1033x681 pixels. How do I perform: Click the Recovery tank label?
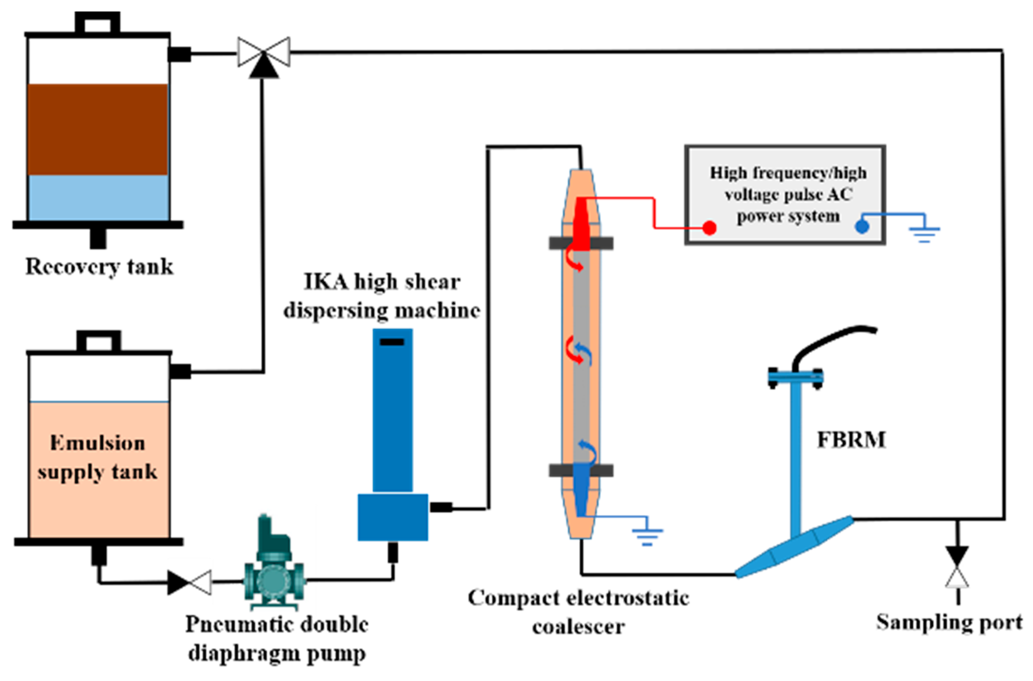pyautogui.click(x=99, y=266)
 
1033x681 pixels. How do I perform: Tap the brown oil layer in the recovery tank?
pyautogui.click(x=98, y=129)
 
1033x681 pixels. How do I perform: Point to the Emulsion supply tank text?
pyautogui.click(x=97, y=457)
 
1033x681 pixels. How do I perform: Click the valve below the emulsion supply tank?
pyautogui.click(x=189, y=583)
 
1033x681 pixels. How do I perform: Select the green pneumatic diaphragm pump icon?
pyautogui.click(x=274, y=562)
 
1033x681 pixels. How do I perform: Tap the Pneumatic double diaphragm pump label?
pyautogui.click(x=277, y=638)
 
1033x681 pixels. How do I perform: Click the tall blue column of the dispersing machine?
pyautogui.click(x=392, y=410)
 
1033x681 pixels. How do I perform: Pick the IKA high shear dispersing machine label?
pyautogui.click(x=382, y=296)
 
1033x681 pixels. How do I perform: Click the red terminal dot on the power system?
pyautogui.click(x=709, y=228)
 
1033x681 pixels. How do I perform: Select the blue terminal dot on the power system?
pyautogui.click(x=862, y=226)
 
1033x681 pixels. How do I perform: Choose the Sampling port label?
pyautogui.click(x=949, y=622)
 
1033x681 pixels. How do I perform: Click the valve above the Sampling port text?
pyautogui.click(x=957, y=568)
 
